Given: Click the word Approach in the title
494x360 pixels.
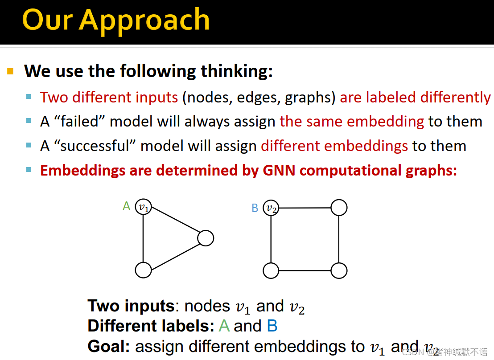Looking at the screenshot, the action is (144, 21).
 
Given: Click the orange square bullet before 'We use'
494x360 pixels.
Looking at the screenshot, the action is (10, 71).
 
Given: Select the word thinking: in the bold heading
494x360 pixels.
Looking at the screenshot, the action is (237, 71).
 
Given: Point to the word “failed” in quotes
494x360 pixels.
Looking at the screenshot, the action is (79, 121).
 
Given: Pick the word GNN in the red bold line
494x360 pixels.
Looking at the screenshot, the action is (279, 170).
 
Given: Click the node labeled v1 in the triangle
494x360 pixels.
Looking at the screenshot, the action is (144, 207).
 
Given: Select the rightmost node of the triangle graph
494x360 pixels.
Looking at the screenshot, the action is (206, 238).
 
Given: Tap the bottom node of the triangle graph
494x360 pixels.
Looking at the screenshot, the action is (144, 270).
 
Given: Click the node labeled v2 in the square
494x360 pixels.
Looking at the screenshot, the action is (271, 208).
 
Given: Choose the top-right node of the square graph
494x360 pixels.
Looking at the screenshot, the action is (339, 208).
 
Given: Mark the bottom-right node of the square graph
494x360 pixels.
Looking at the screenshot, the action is (339, 270).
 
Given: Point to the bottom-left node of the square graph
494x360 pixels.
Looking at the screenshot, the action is (271, 270).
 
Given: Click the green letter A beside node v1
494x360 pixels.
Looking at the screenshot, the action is (126, 206).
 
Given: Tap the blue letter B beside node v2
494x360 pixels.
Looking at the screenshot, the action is (255, 208).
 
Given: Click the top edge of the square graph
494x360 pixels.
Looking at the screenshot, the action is (305, 208).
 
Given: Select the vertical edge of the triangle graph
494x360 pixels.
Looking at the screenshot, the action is (144, 238).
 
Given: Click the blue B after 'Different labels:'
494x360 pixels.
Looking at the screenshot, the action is (272, 326).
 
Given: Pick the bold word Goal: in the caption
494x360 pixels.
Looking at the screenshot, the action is (109, 346).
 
